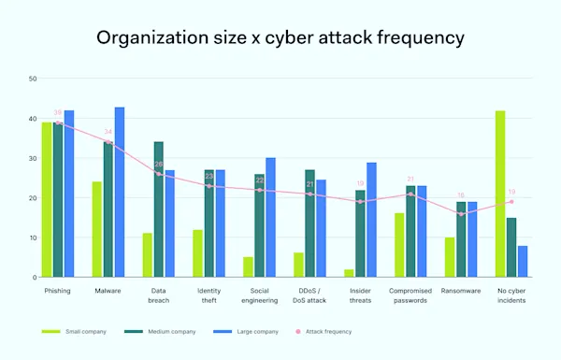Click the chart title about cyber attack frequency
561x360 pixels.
[x=280, y=39]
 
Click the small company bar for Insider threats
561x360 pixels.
[x=349, y=273]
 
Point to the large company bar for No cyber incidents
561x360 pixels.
[x=522, y=261]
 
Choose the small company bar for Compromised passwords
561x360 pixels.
[x=399, y=245]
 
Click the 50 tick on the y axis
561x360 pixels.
[x=33, y=79]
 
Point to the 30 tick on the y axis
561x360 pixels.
[x=33, y=158]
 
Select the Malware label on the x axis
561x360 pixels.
[x=108, y=291]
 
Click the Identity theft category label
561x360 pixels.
[x=209, y=295]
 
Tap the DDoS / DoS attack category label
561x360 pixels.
[x=309, y=295]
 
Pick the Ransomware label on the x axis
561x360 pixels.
[x=461, y=291]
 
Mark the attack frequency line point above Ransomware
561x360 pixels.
[x=461, y=214]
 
